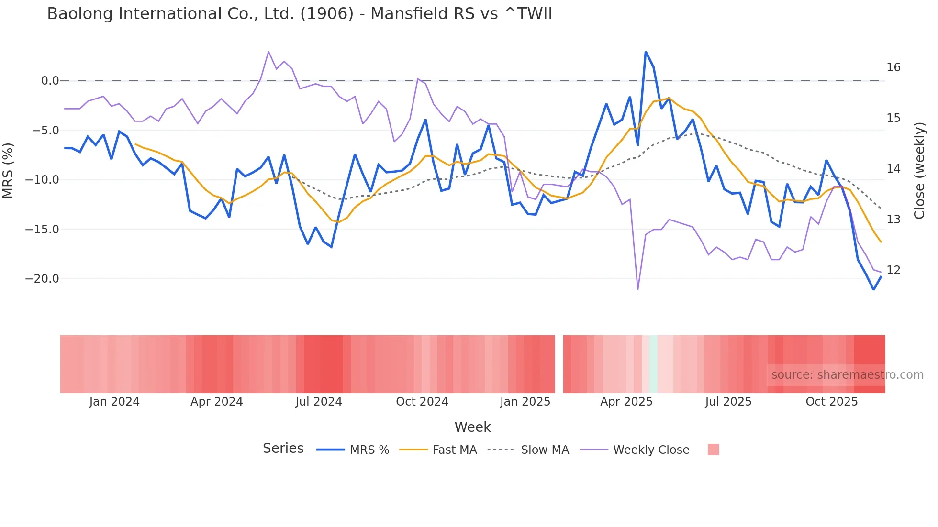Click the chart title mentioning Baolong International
(300, 14)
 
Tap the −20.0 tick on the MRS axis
(42, 279)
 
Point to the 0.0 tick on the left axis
(50, 81)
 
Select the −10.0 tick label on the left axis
(42, 180)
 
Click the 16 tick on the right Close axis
(893, 67)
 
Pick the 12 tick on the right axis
(893, 270)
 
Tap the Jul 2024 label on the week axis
(319, 402)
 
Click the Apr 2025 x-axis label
(626, 402)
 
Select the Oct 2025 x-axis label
(831, 402)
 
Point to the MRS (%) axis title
(8, 171)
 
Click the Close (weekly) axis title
(919, 171)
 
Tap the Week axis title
(472, 427)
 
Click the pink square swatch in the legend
(713, 450)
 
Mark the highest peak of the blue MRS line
(646, 52)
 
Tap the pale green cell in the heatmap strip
(654, 364)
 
